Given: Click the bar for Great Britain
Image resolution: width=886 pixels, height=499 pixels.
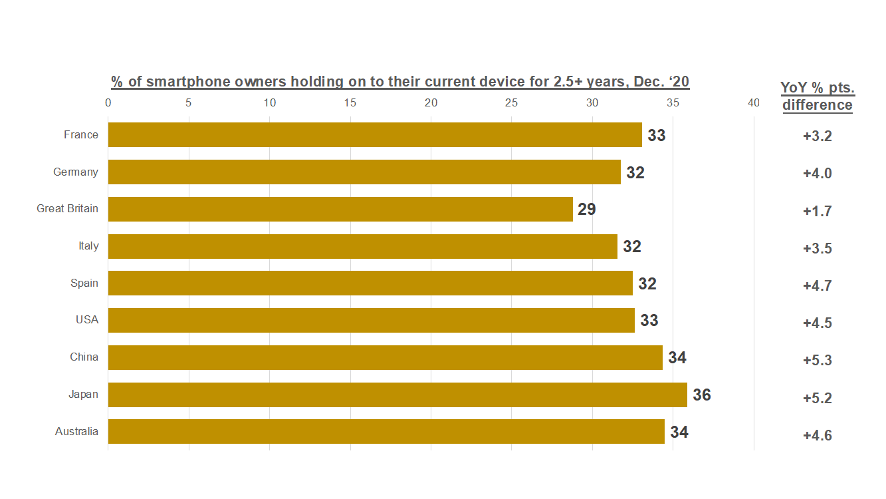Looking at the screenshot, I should tap(340, 209).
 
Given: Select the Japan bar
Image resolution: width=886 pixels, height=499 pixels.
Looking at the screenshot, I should tap(397, 395).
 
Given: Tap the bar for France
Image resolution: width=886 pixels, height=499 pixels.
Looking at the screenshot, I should tap(375, 134).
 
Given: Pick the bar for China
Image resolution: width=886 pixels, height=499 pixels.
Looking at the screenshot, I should tap(386, 357).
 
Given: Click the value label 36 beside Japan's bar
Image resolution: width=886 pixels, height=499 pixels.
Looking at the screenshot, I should tap(702, 395).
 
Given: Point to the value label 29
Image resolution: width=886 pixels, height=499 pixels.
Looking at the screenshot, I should tap(587, 210).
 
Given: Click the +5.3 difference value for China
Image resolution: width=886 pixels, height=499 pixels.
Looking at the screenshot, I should tap(817, 361).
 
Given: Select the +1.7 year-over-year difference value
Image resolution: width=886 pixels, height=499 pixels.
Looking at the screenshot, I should tap(817, 212).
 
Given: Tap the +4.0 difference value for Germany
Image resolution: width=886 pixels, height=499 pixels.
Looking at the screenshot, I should tap(817, 174).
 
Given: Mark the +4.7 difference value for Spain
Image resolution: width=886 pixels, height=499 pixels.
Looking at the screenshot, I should tap(817, 286).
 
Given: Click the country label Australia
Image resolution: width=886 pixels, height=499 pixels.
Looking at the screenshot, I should tap(76, 432).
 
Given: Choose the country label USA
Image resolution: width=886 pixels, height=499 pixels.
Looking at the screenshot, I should tap(87, 320).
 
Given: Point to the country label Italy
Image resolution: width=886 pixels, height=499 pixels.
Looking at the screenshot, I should tap(88, 246).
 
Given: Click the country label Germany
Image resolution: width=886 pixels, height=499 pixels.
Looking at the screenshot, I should tap(76, 172).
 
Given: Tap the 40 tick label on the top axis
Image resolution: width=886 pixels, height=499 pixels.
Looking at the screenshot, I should tap(753, 103).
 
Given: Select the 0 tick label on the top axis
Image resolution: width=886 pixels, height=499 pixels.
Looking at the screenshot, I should tap(108, 103).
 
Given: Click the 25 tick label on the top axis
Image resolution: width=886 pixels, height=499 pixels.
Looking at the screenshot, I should tap(511, 103).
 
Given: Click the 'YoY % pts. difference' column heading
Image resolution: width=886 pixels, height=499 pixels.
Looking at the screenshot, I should tap(817, 96).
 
